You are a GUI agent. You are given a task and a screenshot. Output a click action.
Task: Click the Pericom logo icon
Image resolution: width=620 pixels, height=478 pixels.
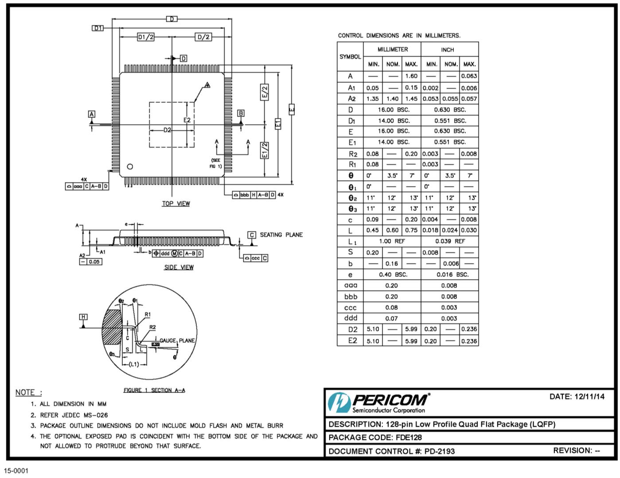[x=338, y=403]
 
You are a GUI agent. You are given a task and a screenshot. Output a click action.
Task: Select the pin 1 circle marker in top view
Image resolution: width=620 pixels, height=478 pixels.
[x=130, y=167]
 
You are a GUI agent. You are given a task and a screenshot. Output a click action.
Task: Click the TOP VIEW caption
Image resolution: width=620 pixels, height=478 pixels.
[x=176, y=204]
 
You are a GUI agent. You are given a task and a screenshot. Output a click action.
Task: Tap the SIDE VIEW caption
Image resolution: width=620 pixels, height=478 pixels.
[x=179, y=267]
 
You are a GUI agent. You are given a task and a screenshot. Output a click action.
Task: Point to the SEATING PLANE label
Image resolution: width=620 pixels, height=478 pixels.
[x=281, y=235]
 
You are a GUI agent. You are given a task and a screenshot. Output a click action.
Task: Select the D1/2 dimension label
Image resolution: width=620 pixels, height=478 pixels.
[x=146, y=37]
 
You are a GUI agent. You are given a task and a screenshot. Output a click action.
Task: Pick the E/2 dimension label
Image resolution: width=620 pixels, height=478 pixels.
[x=264, y=92]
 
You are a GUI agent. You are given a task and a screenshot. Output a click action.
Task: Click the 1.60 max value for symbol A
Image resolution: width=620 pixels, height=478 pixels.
[x=411, y=76]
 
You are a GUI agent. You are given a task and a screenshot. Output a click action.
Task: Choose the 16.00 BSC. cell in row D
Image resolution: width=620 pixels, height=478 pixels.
[x=392, y=110]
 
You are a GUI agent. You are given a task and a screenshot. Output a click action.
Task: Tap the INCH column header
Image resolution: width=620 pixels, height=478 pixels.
[x=448, y=50]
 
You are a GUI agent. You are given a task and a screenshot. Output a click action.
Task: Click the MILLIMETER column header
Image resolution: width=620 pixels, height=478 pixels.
[x=392, y=50]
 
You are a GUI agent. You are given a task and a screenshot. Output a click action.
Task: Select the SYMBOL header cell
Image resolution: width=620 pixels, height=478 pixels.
[x=350, y=57]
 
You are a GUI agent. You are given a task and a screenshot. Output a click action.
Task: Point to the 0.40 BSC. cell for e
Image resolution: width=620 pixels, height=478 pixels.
[x=392, y=275]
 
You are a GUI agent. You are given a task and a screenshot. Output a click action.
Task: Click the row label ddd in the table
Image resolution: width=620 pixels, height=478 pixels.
[x=350, y=318]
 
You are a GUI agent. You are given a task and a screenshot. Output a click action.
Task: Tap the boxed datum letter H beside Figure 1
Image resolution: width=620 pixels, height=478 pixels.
[x=83, y=317]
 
